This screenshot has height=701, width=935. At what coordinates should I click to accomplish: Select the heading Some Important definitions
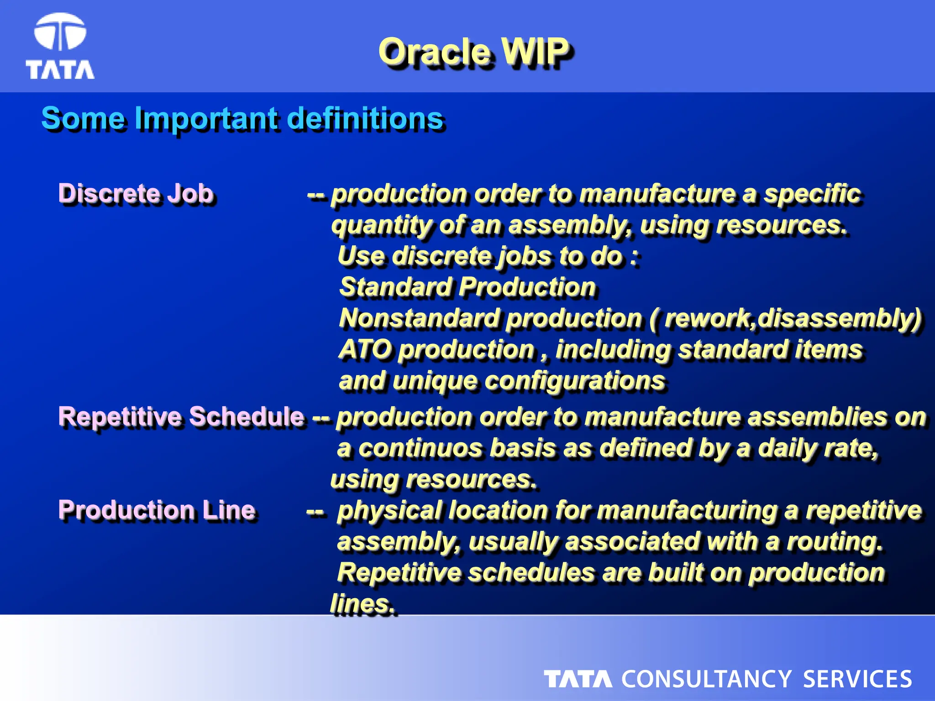[x=242, y=118]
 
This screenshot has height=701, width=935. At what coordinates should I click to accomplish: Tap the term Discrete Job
[x=136, y=193]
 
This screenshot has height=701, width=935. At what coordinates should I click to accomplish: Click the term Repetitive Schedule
[x=181, y=416]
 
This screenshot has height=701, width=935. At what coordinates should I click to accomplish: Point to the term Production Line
[x=156, y=510]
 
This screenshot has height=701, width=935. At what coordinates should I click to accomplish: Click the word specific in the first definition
[x=812, y=194]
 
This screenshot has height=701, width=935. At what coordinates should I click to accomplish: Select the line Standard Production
[x=467, y=287]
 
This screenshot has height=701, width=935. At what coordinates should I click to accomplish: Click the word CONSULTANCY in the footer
[x=706, y=679]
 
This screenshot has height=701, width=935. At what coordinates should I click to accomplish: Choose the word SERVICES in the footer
[x=857, y=679]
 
